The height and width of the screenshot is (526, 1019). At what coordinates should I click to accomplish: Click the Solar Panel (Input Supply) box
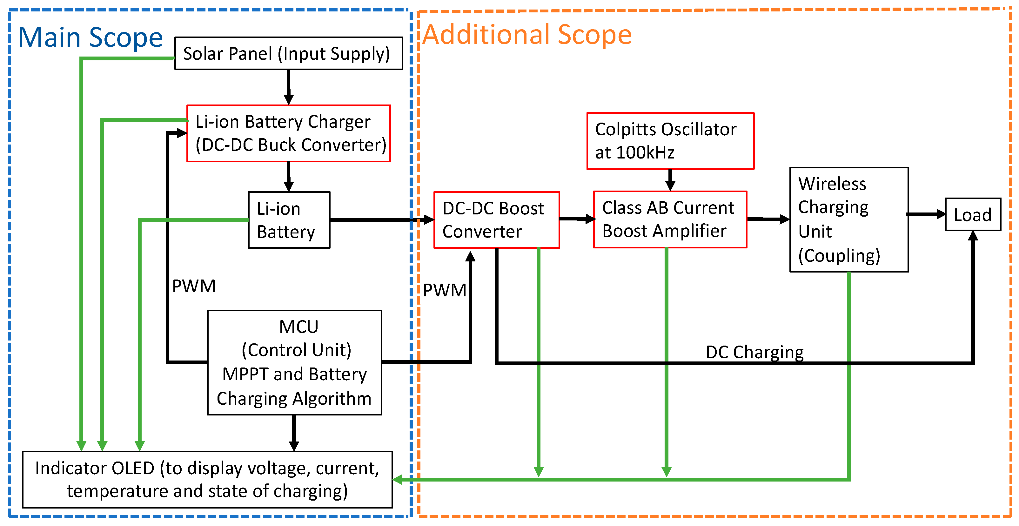[288, 53]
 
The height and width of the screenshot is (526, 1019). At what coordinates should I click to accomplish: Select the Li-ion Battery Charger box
[288, 133]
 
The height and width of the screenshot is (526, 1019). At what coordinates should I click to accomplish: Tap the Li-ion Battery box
[289, 220]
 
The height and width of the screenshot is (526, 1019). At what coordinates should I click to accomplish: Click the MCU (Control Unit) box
[294, 362]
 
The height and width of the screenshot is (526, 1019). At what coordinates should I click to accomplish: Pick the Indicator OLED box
[207, 479]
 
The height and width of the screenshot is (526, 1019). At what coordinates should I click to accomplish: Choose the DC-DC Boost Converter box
[496, 220]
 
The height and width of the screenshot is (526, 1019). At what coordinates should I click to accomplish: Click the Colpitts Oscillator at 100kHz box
[670, 141]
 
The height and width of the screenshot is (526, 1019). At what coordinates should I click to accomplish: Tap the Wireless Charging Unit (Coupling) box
[848, 220]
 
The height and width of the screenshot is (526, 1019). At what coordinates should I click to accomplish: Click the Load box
[973, 214]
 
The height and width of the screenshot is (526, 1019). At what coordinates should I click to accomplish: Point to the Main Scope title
[91, 37]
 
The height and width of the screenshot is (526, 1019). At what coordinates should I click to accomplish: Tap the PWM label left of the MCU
[194, 286]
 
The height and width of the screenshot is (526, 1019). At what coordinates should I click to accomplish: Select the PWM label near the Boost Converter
[444, 290]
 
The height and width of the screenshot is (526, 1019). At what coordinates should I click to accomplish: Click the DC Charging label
[754, 352]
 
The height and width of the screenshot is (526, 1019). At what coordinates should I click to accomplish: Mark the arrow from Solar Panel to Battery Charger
[288, 87]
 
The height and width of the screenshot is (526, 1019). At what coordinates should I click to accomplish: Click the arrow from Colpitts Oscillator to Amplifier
[670, 180]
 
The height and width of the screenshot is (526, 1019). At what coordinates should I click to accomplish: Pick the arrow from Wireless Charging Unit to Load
[926, 214]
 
